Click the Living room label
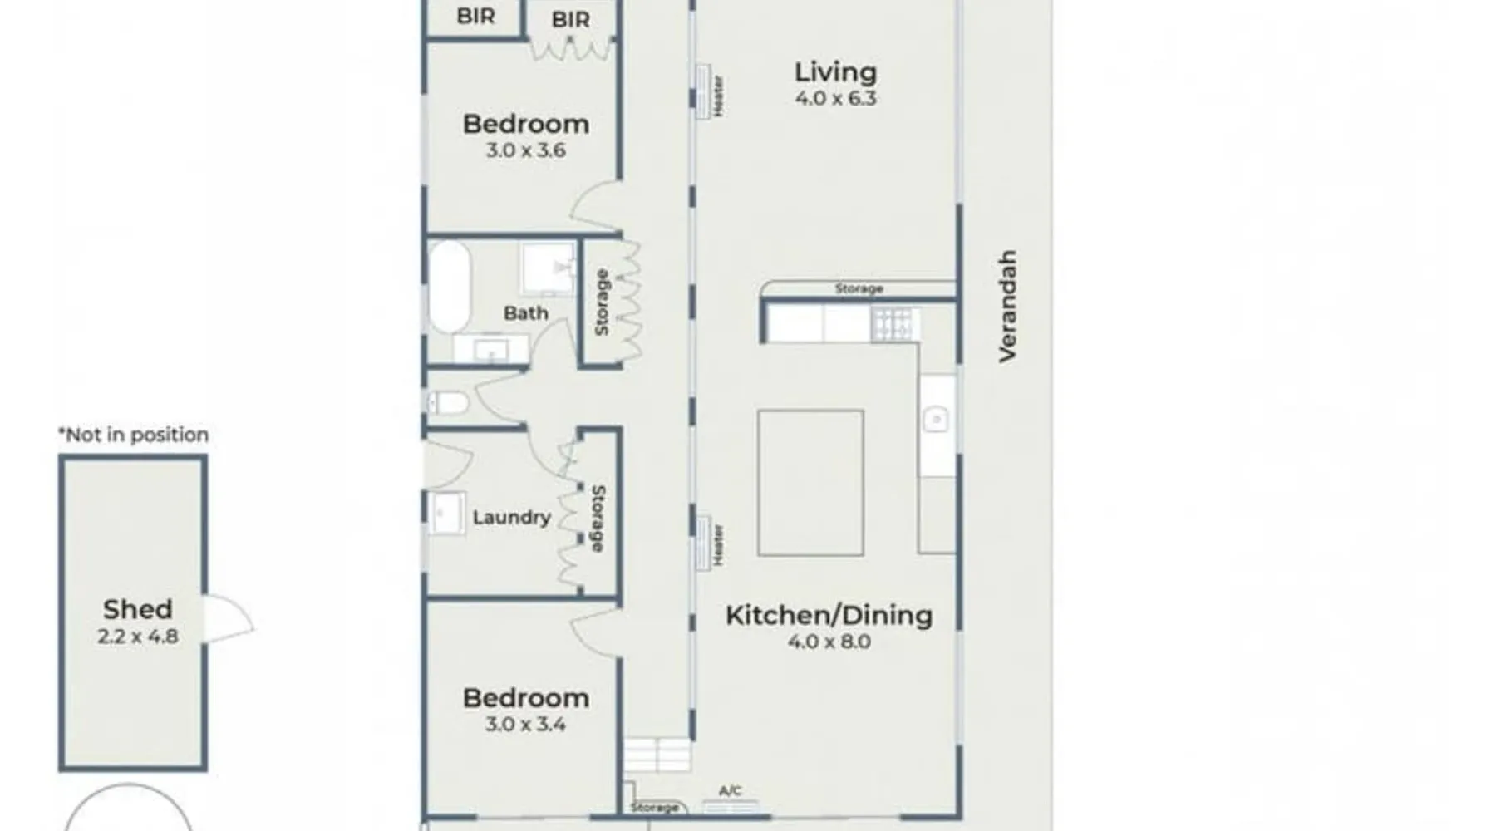(x=835, y=72)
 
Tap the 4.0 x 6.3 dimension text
(x=835, y=98)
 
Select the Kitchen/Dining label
(x=829, y=616)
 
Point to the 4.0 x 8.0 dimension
(x=829, y=642)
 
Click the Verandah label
(x=1007, y=306)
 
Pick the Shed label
(x=138, y=609)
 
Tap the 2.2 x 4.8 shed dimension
(x=138, y=637)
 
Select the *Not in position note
(x=133, y=435)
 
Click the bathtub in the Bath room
(x=449, y=287)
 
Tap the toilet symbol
(x=449, y=404)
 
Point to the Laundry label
(x=511, y=518)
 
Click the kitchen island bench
(x=810, y=483)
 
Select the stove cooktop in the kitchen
(x=895, y=324)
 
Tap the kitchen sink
(x=937, y=419)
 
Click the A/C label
(x=730, y=791)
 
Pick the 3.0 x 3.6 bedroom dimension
(x=525, y=150)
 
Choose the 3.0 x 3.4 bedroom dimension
(x=525, y=725)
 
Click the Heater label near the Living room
(x=719, y=96)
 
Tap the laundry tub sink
(x=446, y=514)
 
